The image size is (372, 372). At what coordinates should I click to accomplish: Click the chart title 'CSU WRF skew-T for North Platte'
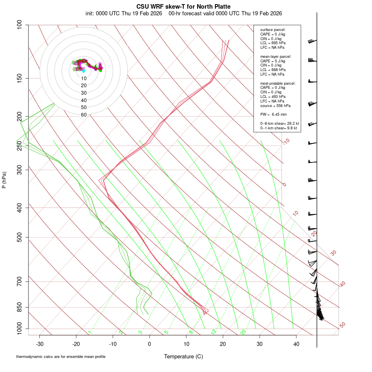(184, 7)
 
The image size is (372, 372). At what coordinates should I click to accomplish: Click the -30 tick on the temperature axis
(40, 344)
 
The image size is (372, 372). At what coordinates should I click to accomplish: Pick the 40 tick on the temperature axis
(296, 344)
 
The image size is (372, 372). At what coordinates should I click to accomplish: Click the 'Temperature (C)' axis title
(183, 356)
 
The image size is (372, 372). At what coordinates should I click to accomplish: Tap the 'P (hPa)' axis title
(4, 180)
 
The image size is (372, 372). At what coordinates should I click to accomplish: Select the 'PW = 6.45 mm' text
(273, 114)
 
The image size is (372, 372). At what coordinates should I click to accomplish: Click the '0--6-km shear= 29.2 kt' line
(279, 124)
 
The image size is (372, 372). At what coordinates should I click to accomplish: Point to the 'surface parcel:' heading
(273, 30)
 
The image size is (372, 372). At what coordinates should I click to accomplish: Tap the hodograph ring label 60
(83, 115)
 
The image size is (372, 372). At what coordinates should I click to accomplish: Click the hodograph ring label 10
(83, 78)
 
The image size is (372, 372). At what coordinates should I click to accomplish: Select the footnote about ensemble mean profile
(61, 356)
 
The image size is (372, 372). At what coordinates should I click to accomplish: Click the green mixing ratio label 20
(243, 332)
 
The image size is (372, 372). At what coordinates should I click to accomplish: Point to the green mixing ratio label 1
(90, 332)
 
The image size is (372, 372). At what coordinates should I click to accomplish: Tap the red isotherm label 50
(342, 325)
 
